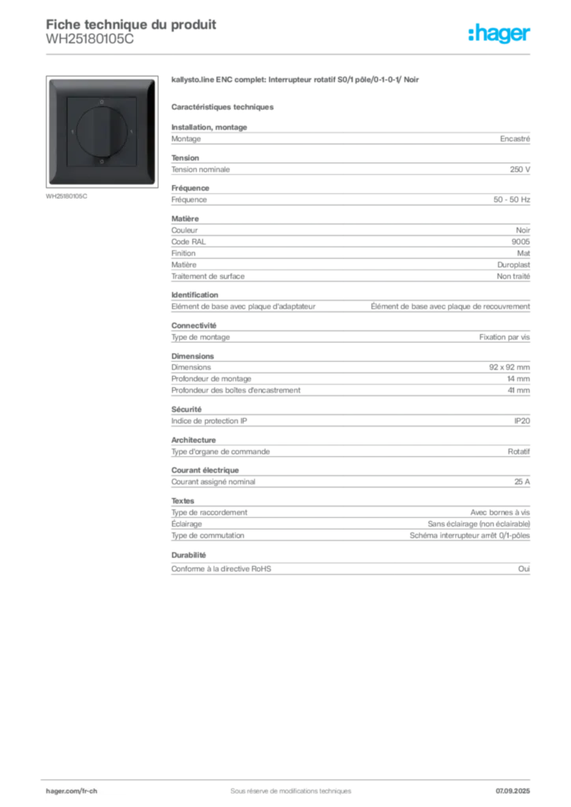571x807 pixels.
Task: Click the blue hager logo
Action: (x=501, y=35)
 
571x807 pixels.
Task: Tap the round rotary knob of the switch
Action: (x=102, y=131)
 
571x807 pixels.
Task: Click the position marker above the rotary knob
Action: (x=102, y=102)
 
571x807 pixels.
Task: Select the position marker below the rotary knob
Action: (x=102, y=161)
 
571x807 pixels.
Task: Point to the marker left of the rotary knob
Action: (x=73, y=132)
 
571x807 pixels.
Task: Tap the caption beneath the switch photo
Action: (x=66, y=196)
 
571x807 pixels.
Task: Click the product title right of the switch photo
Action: (x=297, y=81)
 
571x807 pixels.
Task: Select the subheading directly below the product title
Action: (x=223, y=106)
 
